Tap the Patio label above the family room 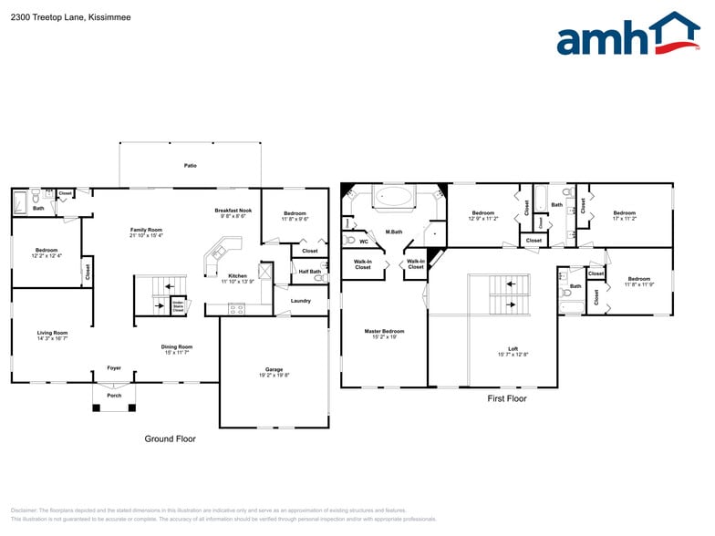[190, 166]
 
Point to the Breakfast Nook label [233, 213]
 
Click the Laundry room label [300, 301]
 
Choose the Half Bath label [309, 272]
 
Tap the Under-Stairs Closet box [178, 307]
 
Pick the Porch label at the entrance [114, 396]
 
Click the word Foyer [114, 368]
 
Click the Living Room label [52, 335]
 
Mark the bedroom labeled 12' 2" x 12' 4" [47, 253]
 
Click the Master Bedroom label [383, 334]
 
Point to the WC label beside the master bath [363, 242]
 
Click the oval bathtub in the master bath [393, 197]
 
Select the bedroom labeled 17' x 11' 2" [624, 216]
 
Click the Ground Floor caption [170, 439]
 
